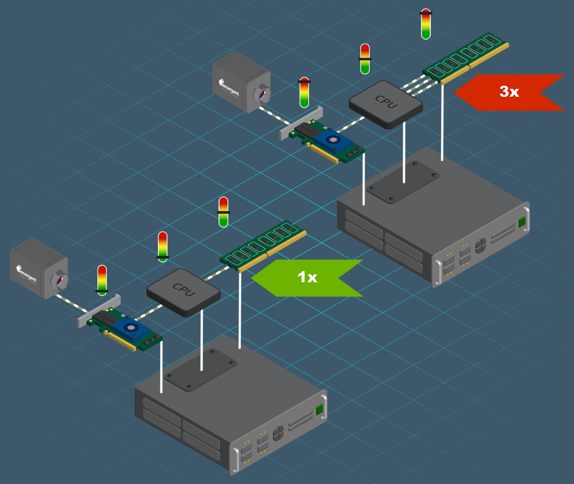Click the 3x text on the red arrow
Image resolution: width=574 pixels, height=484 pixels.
point(509,91)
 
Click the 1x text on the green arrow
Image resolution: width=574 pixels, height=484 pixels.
point(307,277)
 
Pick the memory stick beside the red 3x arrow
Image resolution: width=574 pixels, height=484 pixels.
point(465,57)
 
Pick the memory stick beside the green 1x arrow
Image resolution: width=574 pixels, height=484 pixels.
point(263,246)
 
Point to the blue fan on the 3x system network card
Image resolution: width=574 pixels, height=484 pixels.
point(333,140)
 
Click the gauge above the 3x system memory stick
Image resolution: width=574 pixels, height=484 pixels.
point(426,24)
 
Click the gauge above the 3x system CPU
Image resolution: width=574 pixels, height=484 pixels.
point(365,59)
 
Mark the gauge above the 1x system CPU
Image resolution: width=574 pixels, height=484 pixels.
point(162,247)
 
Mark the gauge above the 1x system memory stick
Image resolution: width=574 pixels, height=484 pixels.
point(223,212)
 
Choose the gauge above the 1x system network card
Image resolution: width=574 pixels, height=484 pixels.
point(102,280)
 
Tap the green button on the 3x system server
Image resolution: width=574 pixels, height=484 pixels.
point(522,222)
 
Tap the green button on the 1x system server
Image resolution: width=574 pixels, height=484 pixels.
point(319,410)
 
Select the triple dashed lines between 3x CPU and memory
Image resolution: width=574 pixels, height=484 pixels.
point(414,85)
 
